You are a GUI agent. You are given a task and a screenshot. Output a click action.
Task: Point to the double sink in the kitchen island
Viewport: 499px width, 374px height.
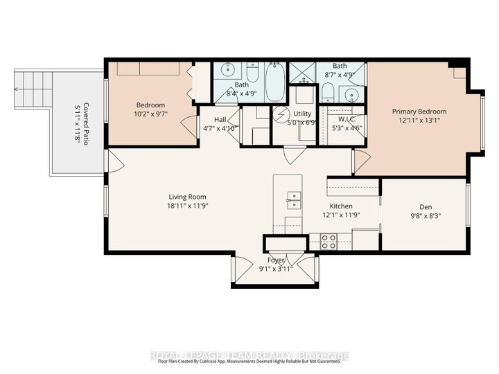(x=293, y=200)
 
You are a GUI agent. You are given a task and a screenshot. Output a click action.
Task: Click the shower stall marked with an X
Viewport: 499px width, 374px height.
(x=303, y=71)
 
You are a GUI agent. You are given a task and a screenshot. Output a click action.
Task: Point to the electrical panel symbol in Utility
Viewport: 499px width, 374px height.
(x=281, y=114)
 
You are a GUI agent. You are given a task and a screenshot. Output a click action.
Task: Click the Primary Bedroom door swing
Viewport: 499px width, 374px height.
(x=360, y=161)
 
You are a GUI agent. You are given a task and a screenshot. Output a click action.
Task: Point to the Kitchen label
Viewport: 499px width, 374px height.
(x=341, y=206)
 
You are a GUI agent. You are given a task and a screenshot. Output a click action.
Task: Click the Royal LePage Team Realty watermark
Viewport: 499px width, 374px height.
(x=249, y=356)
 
